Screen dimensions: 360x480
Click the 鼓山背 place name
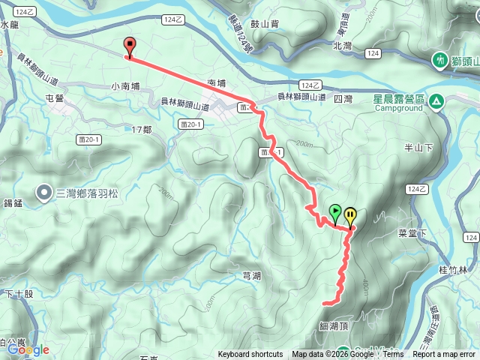click(x=265, y=24)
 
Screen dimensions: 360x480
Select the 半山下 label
click(x=420, y=147)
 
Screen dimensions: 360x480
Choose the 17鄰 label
click(x=142, y=130)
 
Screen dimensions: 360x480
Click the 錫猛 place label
click(x=14, y=203)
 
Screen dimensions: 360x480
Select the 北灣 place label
click(x=342, y=46)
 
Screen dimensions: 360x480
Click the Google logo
click(x=28, y=349)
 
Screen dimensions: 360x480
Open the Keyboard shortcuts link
click(x=250, y=355)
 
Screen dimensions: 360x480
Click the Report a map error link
click(x=444, y=355)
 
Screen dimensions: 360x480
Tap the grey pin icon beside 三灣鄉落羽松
click(x=43, y=192)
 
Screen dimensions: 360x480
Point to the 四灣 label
click(x=343, y=98)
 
